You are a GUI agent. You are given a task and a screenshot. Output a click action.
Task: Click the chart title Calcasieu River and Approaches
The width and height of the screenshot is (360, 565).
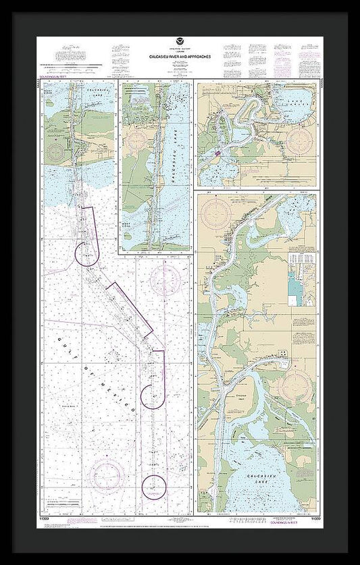[180, 57]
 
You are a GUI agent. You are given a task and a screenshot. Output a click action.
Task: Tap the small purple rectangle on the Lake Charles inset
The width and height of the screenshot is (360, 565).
[218, 155]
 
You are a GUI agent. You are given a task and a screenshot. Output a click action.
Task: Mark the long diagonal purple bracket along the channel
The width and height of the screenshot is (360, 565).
[131, 308]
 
